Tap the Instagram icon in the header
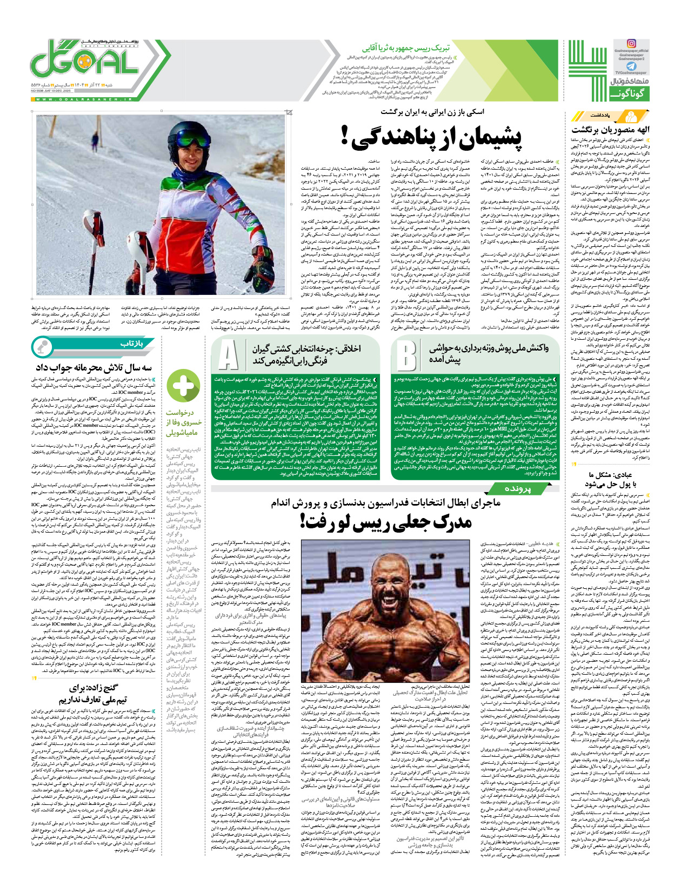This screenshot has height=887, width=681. click(631, 44)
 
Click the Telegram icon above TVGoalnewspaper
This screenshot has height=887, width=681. click(631, 66)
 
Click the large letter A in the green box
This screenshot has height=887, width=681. click(229, 356)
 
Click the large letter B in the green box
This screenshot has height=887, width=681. click(406, 356)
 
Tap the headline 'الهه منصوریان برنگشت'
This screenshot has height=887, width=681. click(611, 129)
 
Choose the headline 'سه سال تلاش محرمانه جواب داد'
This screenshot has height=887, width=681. click(94, 367)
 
